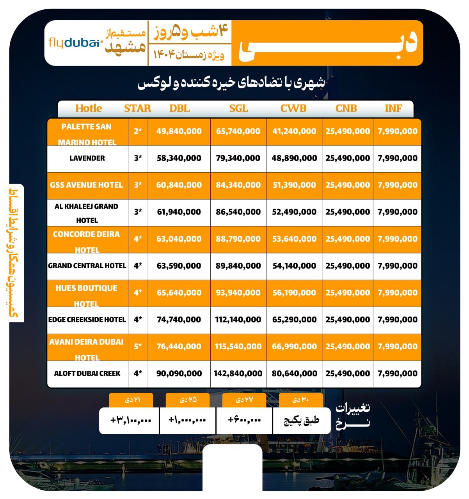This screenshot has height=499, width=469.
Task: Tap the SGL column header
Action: click(238, 108)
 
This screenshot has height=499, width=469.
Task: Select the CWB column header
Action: click(293, 108)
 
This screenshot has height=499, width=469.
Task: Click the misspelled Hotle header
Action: click(89, 108)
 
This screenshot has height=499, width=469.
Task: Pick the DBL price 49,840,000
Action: click(179, 131)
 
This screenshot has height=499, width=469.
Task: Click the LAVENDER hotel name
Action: click(87, 158)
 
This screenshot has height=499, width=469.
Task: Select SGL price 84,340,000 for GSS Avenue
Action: click(238, 185)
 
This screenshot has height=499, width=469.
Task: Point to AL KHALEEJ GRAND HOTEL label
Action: click(87, 213)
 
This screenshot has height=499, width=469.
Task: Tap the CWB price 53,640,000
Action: click(294, 239)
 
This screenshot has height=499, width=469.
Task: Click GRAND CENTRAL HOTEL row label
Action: click(87, 266)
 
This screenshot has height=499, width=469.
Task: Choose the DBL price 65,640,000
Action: click(179, 293)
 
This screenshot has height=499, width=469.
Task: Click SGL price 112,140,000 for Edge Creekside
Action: click(238, 320)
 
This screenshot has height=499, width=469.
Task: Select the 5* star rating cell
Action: click(138, 347)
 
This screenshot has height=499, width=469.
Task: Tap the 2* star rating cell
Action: click(138, 131)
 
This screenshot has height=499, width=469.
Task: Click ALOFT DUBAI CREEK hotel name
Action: click(87, 373)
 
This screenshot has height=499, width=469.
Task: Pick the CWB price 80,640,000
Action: click(294, 373)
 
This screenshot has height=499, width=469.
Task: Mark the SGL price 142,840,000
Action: click(238, 373)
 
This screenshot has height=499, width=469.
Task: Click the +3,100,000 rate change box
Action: click(130, 420)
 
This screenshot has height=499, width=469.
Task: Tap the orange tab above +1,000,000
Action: click(187, 400)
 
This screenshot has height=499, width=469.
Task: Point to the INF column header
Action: click(393, 108)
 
